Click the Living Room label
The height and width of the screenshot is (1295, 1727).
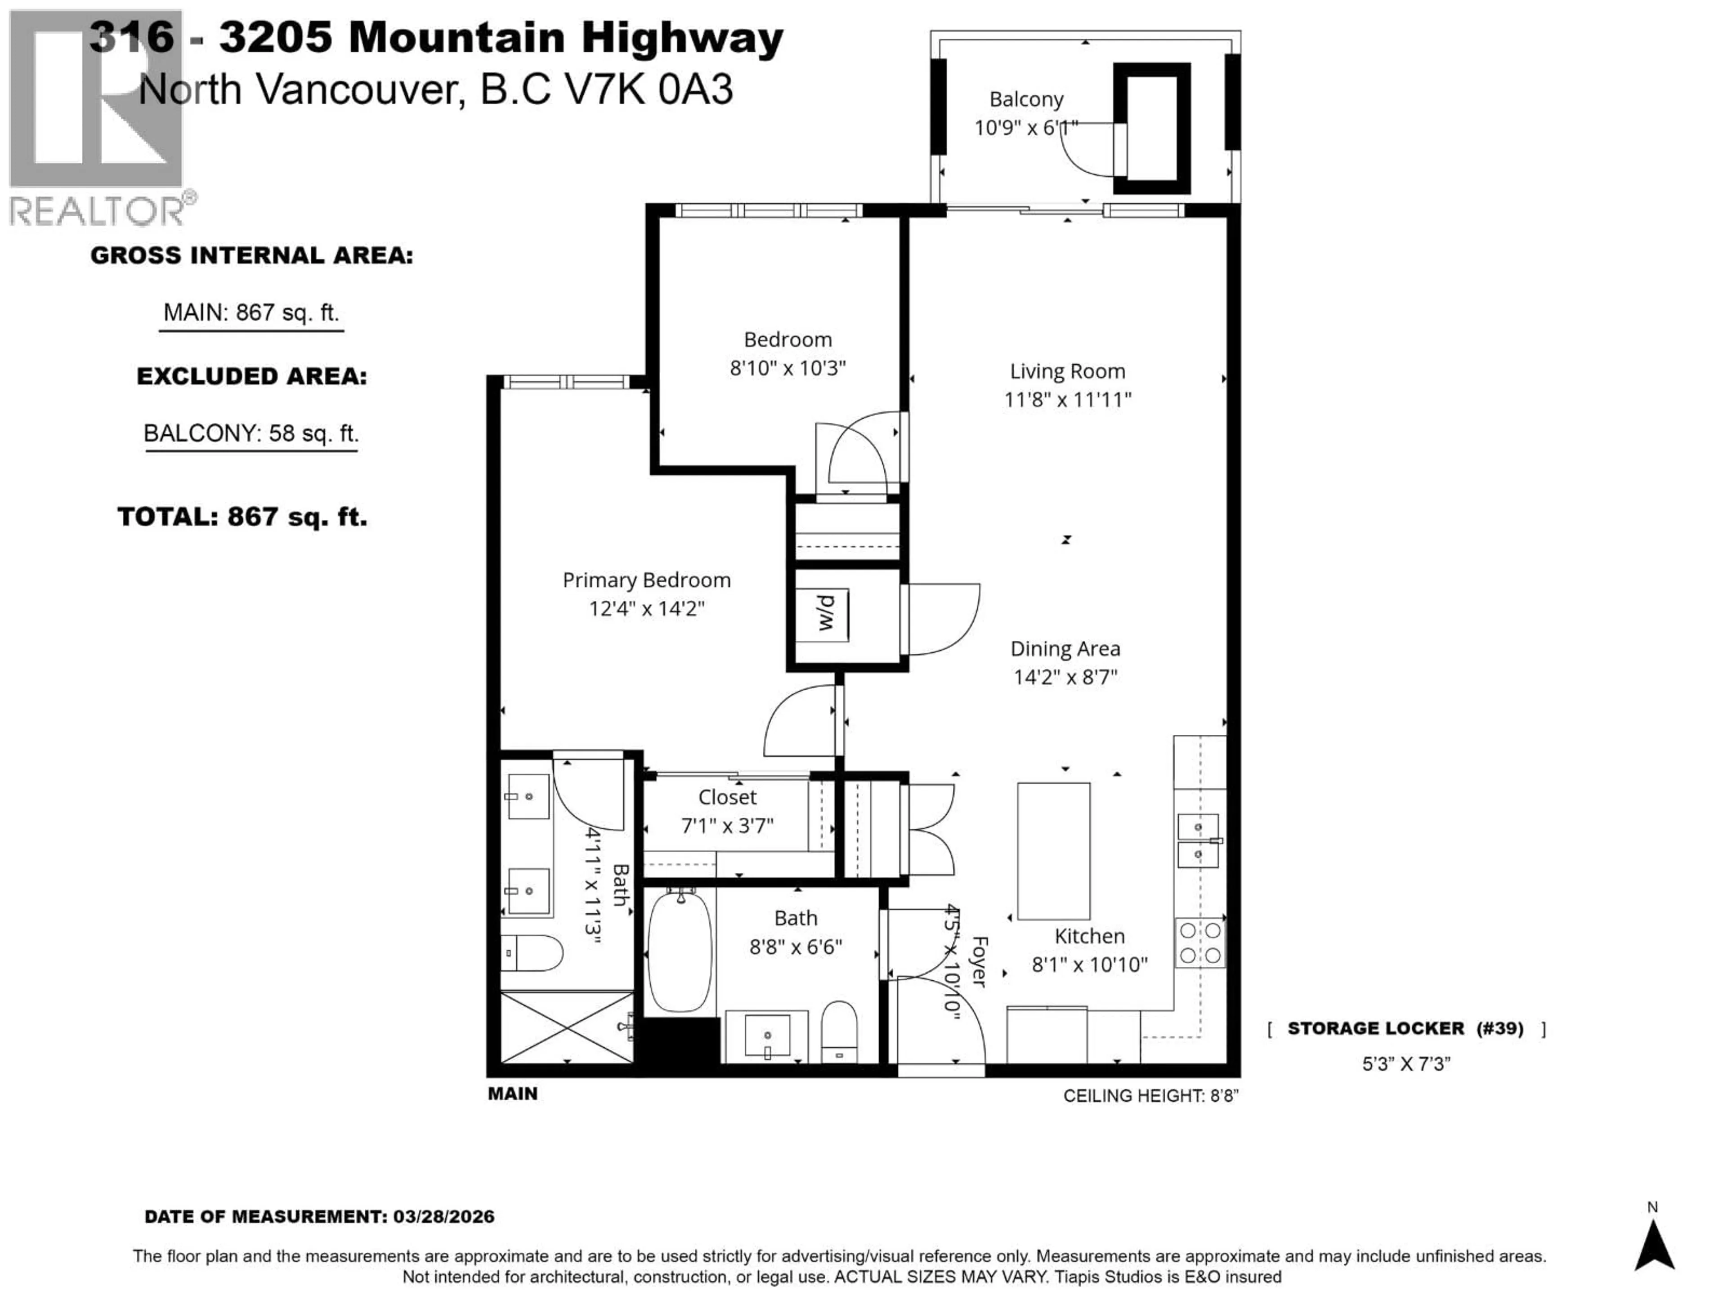1067,371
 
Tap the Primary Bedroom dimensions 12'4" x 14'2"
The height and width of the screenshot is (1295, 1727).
646,608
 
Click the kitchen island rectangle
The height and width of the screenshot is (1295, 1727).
1053,851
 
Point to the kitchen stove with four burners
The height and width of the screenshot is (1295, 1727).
1200,943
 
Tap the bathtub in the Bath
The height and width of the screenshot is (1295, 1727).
680,952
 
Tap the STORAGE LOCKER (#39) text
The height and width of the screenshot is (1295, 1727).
1405,1029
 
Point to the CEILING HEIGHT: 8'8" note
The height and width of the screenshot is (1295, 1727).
1150,1096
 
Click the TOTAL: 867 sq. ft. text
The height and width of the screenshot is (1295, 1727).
242,517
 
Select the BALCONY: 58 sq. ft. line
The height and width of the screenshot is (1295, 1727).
251,433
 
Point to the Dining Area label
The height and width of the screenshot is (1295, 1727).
1065,649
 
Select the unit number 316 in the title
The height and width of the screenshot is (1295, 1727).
131,37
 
